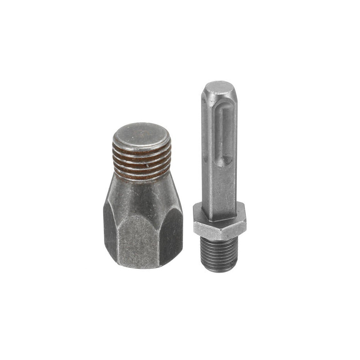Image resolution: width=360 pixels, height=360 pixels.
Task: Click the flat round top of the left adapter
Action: (x=141, y=133)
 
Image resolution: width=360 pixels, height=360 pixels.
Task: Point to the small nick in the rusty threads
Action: (x=147, y=165)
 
